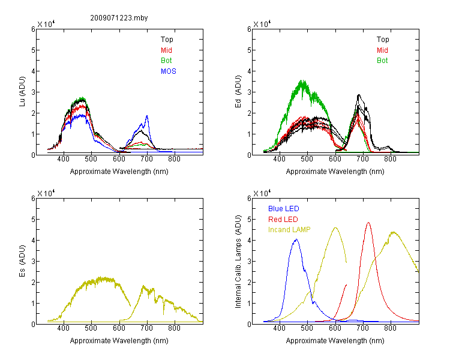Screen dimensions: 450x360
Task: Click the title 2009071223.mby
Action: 119,18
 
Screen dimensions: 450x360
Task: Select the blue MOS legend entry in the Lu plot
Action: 169,71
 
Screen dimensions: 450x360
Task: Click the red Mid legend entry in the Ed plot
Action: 382,50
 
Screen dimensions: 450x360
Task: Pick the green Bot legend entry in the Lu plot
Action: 166,61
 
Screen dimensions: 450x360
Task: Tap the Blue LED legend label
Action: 284,209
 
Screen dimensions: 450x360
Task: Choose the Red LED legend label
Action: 283,220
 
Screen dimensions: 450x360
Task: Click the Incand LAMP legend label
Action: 289,230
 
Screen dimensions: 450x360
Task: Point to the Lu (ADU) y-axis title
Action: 22,91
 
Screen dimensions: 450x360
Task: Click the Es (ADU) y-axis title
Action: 22,260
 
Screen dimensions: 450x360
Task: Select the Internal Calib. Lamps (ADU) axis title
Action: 238,262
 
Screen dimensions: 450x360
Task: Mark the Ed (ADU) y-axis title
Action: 238,92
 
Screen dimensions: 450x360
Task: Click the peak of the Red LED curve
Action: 368,223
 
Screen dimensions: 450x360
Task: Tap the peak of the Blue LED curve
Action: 296,239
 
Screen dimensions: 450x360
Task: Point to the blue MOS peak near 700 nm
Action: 147,116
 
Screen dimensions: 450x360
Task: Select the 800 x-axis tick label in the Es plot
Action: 174,328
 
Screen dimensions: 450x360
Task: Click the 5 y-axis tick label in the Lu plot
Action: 33,50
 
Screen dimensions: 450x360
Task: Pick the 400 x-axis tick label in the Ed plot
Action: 279,159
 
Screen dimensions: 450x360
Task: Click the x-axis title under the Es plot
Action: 119,341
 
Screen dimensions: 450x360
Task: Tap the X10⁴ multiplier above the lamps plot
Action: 262,193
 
